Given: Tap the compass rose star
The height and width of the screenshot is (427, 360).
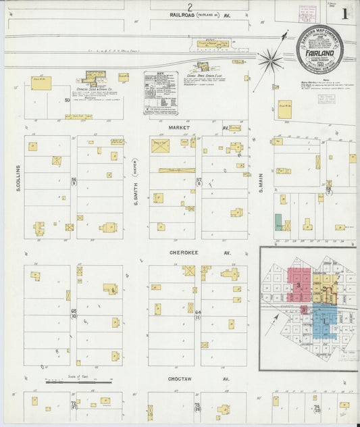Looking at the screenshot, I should coord(270,61).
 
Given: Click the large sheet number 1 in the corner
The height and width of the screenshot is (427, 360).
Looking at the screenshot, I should coord(345,13).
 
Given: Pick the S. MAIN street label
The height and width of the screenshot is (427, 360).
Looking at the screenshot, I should coord(259,179).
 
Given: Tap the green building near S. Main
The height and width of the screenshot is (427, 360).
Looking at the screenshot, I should coord(278,222).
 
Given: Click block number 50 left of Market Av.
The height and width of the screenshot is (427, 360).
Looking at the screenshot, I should coord(67,101).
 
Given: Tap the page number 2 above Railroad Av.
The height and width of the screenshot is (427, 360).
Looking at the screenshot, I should coord(190,5).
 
